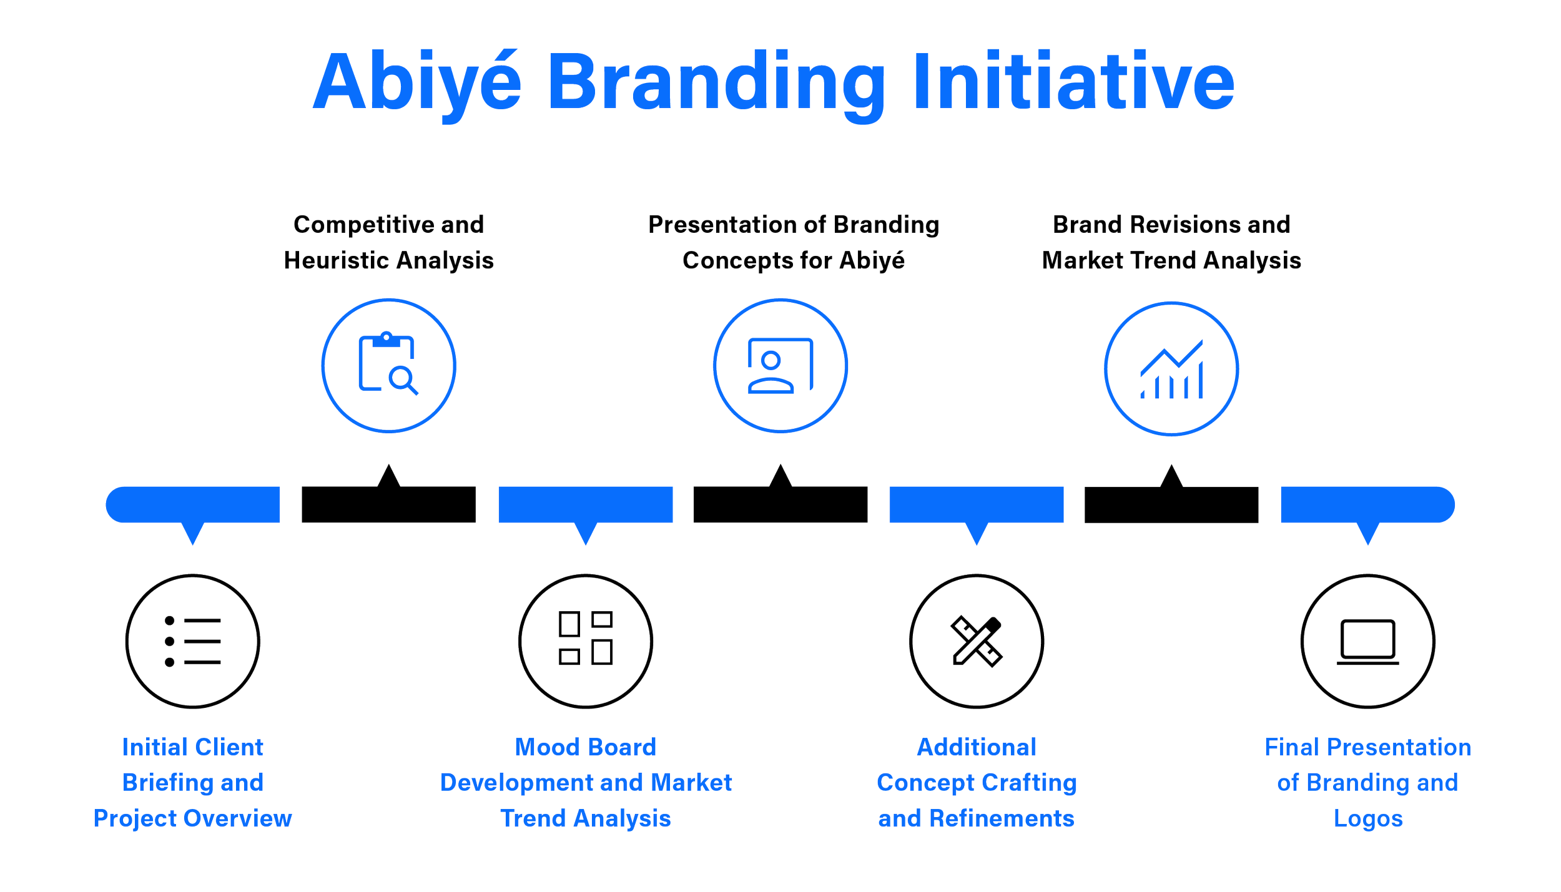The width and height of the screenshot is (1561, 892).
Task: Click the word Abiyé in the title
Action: [417, 83]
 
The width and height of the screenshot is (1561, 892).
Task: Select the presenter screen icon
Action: [780, 365]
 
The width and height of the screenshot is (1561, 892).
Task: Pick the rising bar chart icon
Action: [1171, 369]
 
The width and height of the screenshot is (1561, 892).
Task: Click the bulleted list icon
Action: [192, 641]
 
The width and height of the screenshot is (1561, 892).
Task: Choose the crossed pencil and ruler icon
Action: [977, 641]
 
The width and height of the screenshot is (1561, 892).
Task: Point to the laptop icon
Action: [1367, 641]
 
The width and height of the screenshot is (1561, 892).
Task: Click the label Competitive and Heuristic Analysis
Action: [388, 242]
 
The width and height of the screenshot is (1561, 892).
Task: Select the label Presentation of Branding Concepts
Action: [794, 242]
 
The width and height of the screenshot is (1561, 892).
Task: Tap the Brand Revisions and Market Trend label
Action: [1171, 242]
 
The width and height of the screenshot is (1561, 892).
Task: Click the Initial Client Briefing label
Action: [192, 783]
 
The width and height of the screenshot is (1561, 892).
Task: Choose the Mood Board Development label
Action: [586, 783]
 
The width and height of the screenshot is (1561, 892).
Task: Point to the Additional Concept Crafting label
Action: [977, 783]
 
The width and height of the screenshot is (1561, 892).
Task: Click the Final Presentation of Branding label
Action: [1367, 783]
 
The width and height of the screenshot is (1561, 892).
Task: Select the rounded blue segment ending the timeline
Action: [1367, 504]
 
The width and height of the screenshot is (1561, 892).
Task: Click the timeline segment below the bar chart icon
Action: [1171, 506]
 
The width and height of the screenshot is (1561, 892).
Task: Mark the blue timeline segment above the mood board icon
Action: [585, 504]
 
